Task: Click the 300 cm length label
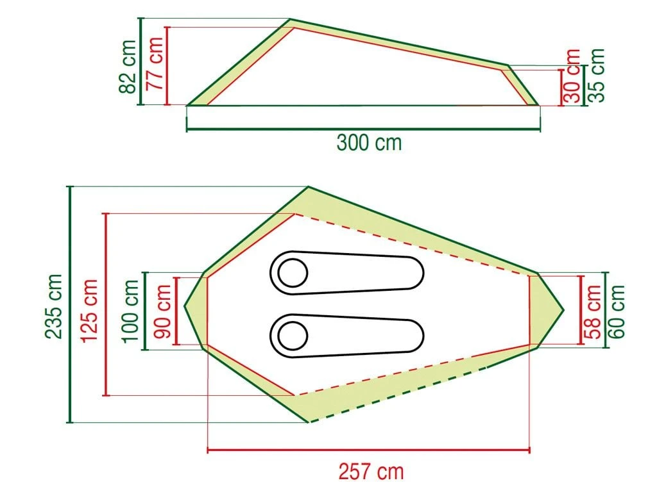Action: [x=369, y=142]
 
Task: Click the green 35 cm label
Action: [x=597, y=76]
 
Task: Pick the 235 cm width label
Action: [x=54, y=306]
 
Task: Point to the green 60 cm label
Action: [x=617, y=311]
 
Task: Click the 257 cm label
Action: [x=371, y=472]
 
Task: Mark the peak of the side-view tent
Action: [x=290, y=19]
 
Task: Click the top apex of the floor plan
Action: [x=309, y=187]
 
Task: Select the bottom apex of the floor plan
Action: [x=309, y=423]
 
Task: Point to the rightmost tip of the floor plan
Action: [x=563, y=310]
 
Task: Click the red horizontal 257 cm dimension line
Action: [x=369, y=450]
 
